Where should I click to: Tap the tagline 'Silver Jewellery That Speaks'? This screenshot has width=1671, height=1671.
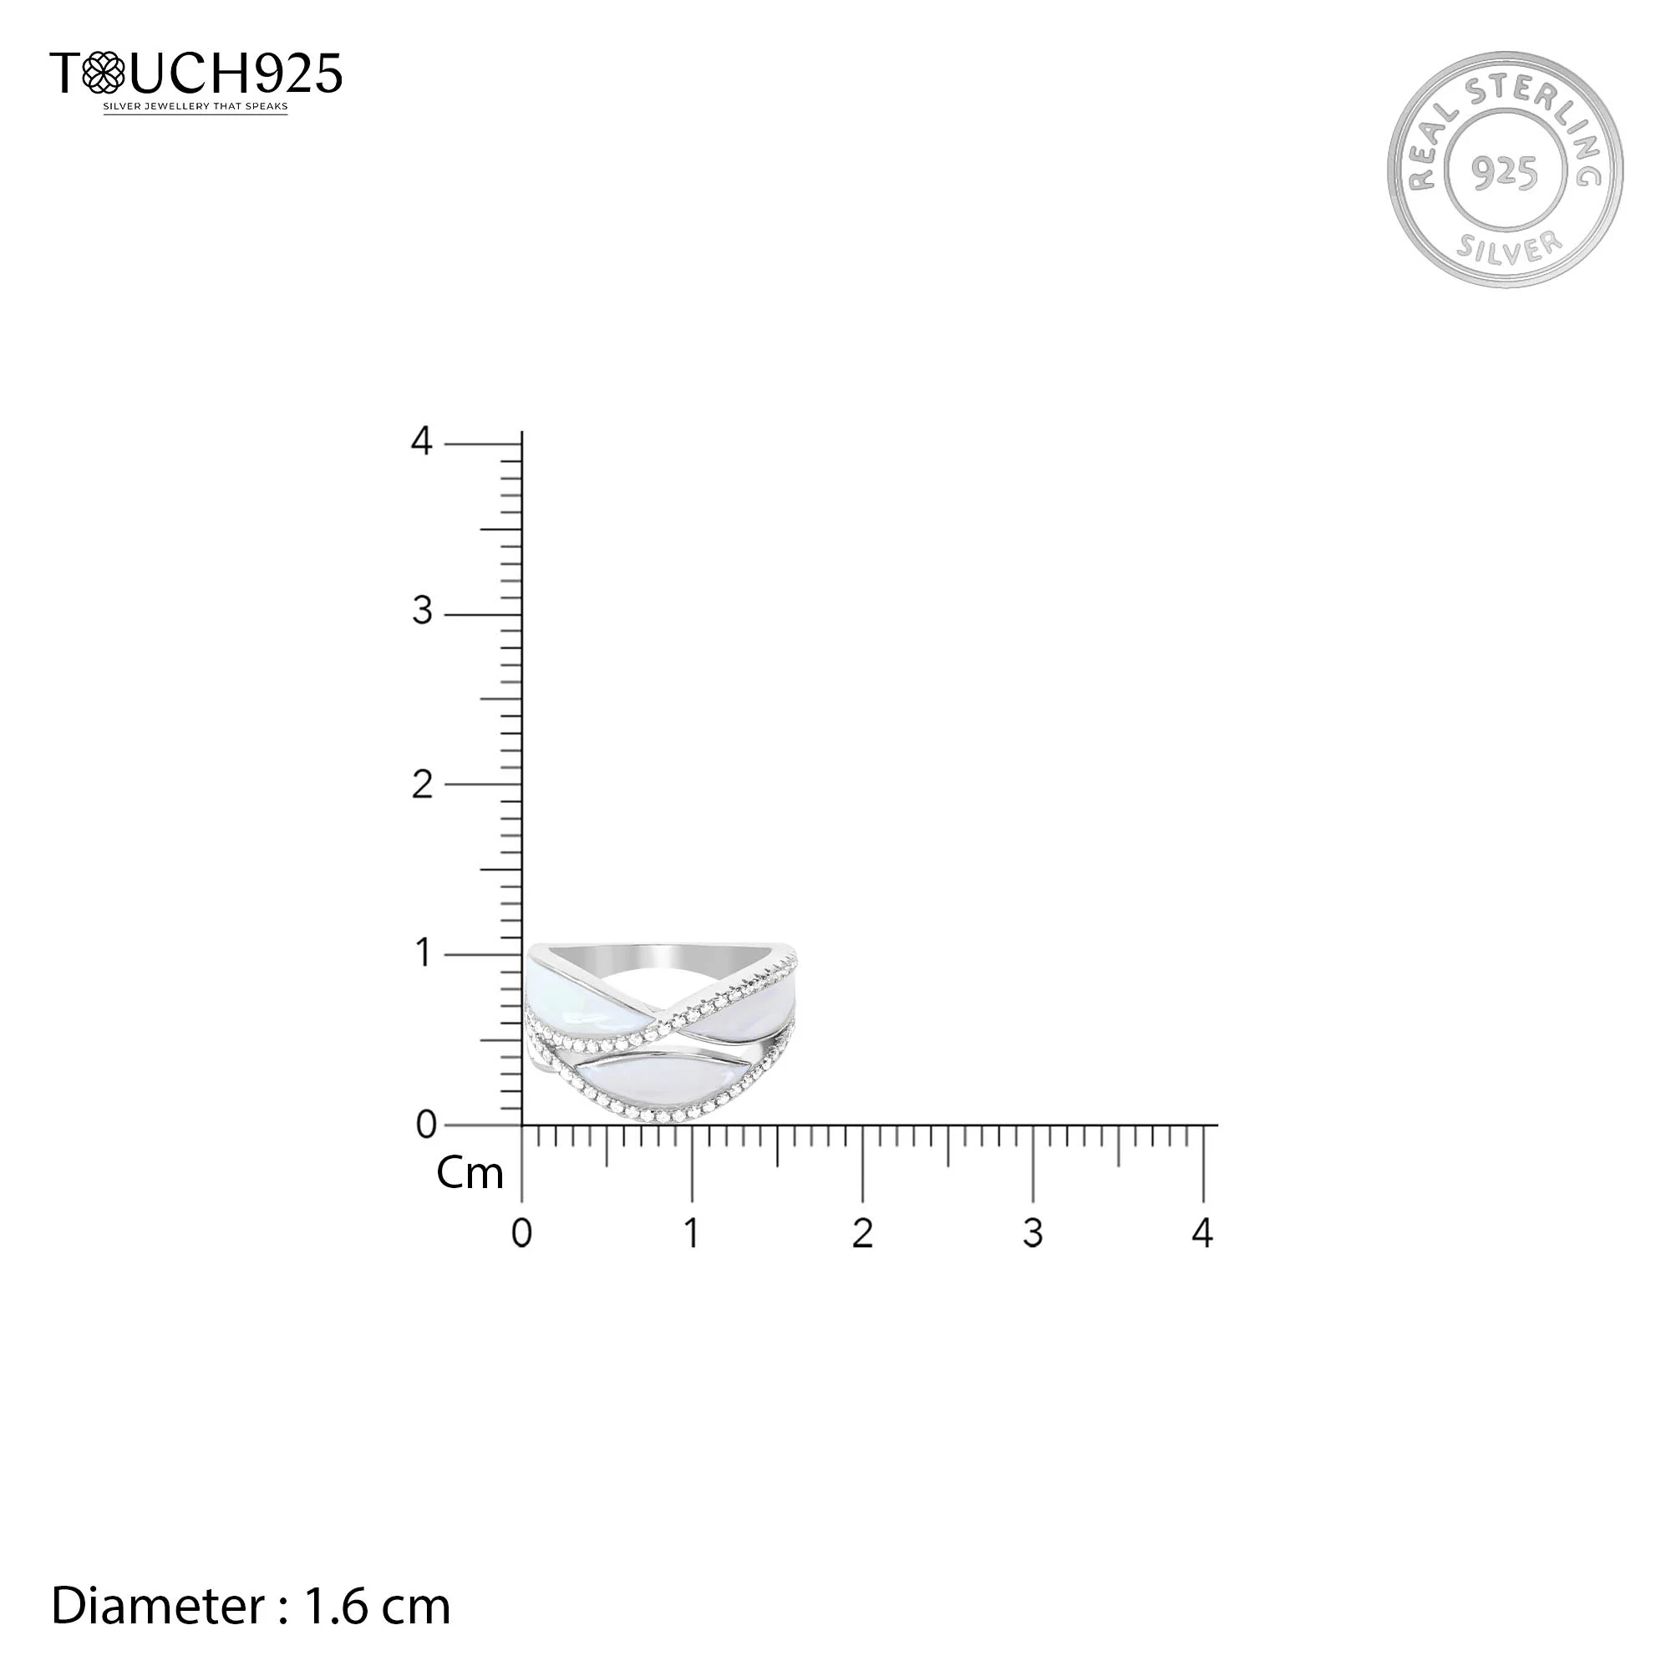(196, 107)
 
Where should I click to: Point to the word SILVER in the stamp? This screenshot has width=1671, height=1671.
(1510, 246)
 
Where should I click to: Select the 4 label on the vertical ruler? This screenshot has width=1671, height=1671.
(421, 441)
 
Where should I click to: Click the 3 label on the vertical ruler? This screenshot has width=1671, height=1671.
(422, 612)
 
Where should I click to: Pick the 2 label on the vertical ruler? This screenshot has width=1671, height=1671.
(422, 785)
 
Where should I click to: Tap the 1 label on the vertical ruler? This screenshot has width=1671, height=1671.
(423, 953)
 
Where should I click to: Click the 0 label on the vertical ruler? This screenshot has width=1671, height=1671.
(425, 1125)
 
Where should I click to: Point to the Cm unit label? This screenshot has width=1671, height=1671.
(470, 1173)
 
